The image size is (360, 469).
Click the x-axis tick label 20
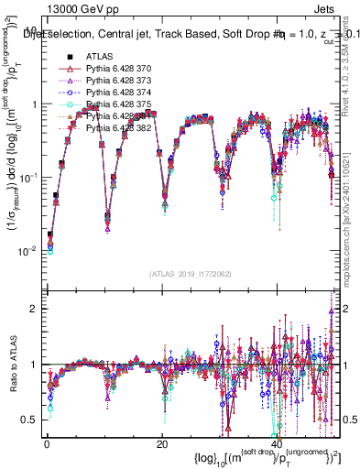[x=162, y=444]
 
